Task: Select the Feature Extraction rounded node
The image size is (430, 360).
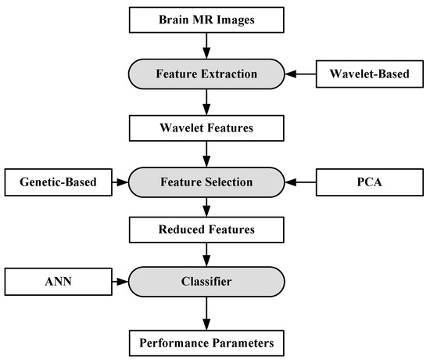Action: point(206,75)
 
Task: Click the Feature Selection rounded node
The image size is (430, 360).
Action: point(206,182)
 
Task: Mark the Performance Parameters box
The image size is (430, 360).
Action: point(206,342)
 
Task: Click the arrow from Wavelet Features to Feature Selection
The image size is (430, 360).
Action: point(206,155)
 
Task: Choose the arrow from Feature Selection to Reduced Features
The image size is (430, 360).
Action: point(206,209)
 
